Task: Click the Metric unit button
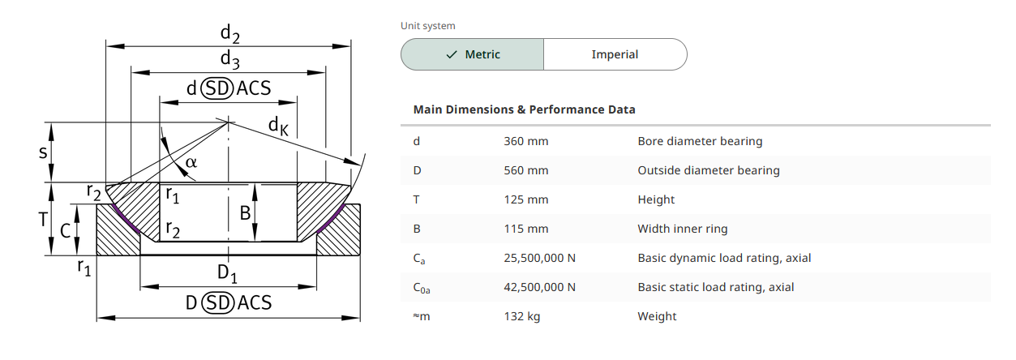[x=472, y=54]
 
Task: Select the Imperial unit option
[x=615, y=54]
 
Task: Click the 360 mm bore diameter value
[x=525, y=141]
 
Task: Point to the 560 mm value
[x=525, y=170]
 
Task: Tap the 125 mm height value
[x=525, y=199]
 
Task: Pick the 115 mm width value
[x=525, y=229]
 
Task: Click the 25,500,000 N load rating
[x=539, y=258]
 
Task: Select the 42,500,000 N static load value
[x=539, y=287]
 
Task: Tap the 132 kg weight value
[x=521, y=316]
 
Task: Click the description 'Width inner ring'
[x=682, y=229]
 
